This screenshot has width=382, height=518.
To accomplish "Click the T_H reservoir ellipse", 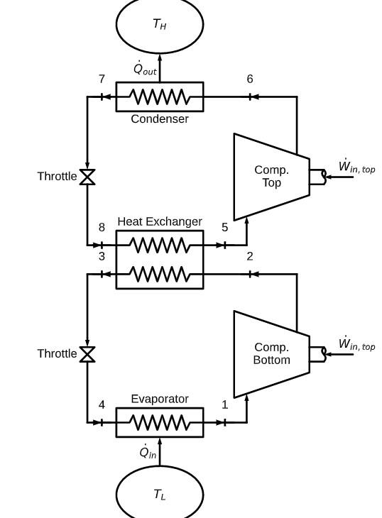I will pos(160,25).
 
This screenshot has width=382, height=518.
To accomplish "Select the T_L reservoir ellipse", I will pos(160,494).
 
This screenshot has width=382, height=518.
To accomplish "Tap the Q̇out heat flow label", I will pos(145,69).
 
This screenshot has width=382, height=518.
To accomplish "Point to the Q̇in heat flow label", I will pos(148,453).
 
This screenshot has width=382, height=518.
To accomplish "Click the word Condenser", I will pos(160,119).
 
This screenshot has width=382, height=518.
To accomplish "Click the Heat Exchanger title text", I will pos(160,221).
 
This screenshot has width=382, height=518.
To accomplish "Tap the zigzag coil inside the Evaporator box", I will pos(160,423).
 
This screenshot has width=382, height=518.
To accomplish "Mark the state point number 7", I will pos(102,79).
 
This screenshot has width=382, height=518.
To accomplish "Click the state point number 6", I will pos(250,79).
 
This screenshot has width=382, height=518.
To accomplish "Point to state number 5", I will pos(225,228).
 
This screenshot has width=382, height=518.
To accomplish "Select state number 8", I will pos(102,228).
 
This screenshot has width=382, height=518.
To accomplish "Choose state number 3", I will pos(102,256).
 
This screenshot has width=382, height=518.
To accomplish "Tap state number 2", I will pos(250,256).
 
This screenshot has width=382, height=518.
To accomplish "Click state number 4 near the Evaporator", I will pos(102,405).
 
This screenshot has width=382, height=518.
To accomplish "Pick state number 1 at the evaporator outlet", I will pos(225,405).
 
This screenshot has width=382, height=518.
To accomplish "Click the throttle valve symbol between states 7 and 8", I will pos(87,177).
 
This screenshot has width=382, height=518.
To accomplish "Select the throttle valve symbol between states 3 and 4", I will pos(87,354).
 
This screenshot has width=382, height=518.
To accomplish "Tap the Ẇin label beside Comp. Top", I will pos(356,167).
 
